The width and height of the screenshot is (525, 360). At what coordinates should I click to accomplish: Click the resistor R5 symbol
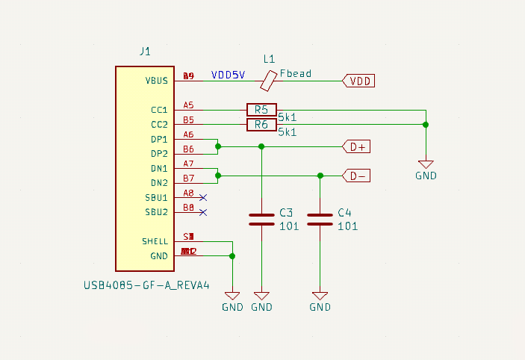[x=261, y=110]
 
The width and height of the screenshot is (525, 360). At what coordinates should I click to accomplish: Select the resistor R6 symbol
[x=261, y=125]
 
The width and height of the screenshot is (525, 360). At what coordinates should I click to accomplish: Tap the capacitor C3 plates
[x=261, y=218]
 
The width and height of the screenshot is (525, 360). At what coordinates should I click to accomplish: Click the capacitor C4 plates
[x=320, y=218]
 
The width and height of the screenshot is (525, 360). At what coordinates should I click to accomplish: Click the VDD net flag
[x=358, y=81]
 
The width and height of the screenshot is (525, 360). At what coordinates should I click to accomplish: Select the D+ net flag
[x=356, y=147]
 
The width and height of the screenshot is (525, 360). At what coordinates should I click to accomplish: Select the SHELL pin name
[x=155, y=241]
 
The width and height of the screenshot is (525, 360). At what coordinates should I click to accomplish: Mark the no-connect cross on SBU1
[x=203, y=198]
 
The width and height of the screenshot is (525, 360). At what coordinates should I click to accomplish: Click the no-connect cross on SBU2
[x=203, y=212]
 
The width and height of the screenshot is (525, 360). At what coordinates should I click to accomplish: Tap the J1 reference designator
[x=145, y=52]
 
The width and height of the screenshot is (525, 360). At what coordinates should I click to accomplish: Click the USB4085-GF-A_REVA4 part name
[x=147, y=285]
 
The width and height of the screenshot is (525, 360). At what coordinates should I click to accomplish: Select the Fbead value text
[x=296, y=74]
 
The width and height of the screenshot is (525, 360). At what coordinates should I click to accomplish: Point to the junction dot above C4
[x=320, y=176]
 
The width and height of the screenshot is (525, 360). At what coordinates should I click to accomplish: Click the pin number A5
[x=188, y=105]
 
